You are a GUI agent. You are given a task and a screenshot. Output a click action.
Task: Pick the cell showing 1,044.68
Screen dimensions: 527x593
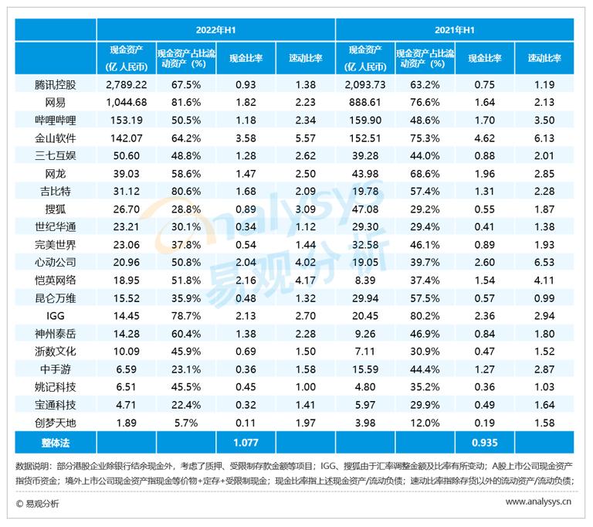pos(126,102)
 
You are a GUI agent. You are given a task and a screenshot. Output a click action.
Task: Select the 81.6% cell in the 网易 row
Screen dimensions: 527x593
pos(185,102)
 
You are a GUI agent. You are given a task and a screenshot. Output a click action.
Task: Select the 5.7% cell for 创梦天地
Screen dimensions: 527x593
pos(185,423)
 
